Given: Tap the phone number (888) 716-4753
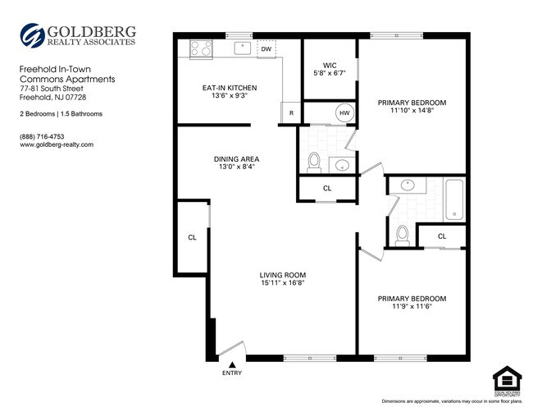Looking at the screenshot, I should click(43, 135).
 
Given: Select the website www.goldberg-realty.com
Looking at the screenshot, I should click(57, 144).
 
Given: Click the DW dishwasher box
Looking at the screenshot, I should click(266, 49).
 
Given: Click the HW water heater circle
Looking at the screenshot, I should click(344, 113).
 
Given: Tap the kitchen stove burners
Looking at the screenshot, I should click(201, 49).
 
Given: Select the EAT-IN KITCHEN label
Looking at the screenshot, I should click(230, 88).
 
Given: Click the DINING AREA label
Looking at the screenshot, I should click(236, 159).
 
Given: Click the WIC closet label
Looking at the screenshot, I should click(330, 64).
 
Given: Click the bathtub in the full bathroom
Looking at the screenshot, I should click(454, 201).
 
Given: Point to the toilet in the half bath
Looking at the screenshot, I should click(314, 162).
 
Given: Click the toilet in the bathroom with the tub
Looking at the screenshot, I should click(402, 235).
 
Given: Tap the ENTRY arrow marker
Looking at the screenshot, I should click(232, 364).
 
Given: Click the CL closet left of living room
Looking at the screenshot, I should click(192, 237).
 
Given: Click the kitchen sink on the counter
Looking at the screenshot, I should click(242, 48).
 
